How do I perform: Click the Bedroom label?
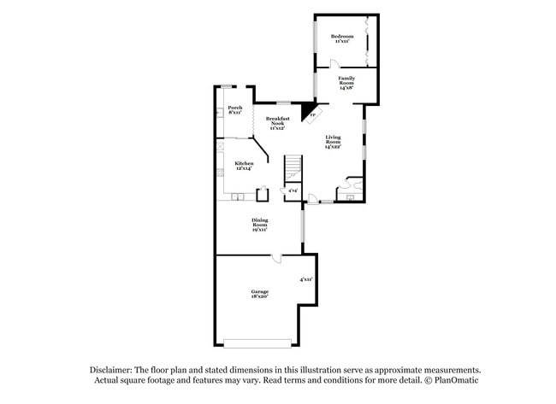click(x=342, y=38)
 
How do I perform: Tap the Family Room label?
click(x=346, y=83)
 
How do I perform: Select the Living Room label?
click(x=334, y=141)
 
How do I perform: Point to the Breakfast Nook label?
click(x=276, y=124)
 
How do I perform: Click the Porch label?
click(x=234, y=109)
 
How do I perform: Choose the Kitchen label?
click(x=244, y=165)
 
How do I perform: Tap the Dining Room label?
click(x=260, y=225)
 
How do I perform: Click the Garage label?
click(x=260, y=294)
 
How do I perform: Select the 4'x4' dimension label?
click(x=293, y=190)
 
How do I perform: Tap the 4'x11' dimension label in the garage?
click(x=305, y=279)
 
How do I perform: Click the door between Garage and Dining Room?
click(x=276, y=259)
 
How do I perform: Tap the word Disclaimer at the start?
click(x=113, y=369)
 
